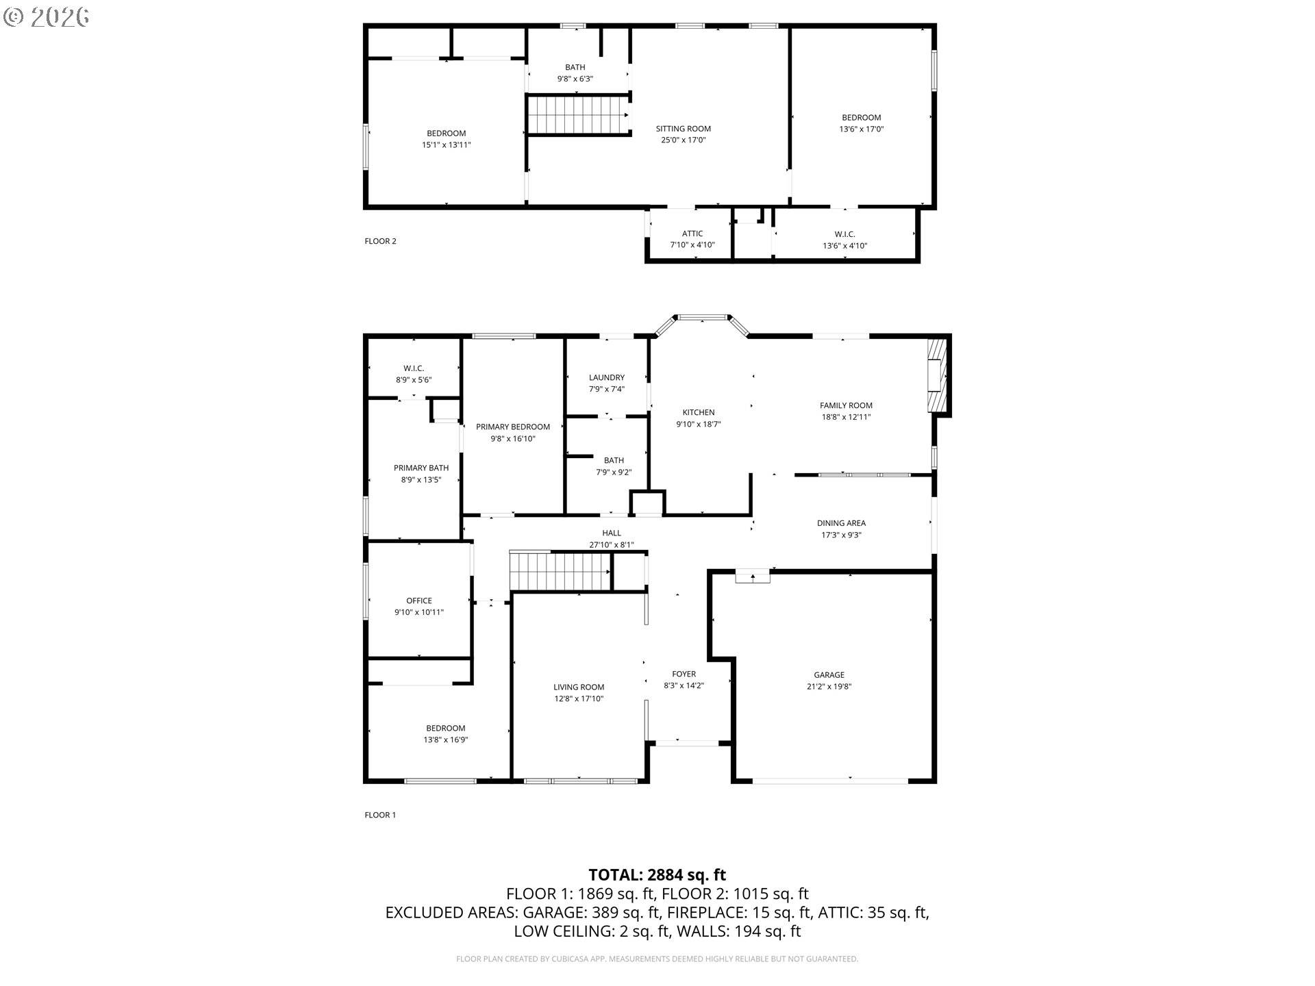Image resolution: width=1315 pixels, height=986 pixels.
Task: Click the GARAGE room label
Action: [829, 674]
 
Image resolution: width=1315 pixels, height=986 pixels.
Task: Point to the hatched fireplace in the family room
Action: [937, 375]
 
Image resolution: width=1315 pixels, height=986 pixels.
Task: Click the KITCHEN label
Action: [699, 412]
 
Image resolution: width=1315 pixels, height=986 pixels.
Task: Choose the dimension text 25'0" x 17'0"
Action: [683, 140]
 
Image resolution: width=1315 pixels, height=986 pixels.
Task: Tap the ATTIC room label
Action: [692, 233]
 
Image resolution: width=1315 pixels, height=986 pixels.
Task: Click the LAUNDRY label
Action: [607, 377]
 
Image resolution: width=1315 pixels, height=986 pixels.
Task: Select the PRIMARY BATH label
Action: [421, 468]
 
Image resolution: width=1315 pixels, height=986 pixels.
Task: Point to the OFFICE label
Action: [419, 601]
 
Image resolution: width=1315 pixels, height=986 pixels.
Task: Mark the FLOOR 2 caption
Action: [380, 241]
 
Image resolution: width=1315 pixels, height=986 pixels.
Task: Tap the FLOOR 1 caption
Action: [380, 815]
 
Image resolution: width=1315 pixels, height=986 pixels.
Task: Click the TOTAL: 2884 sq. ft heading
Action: [657, 875]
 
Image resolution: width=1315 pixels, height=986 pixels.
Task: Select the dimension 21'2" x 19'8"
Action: [829, 686]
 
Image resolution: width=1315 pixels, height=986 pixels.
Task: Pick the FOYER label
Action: [684, 674]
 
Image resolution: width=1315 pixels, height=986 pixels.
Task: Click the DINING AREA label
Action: [841, 523]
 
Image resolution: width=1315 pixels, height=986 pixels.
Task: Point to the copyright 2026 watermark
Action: [46, 17]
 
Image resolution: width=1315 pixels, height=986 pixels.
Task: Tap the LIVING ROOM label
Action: [579, 687]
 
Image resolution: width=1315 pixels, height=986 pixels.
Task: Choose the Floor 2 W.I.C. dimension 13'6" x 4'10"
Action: [844, 246]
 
